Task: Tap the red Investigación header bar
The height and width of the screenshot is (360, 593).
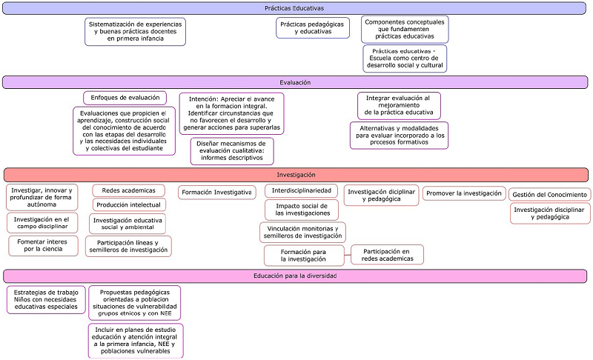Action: pos(296,175)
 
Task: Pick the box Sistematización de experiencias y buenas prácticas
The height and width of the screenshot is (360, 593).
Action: pos(135,32)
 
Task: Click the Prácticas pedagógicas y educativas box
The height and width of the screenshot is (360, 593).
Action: pos(312,28)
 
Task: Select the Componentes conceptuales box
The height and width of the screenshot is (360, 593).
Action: pos(405,29)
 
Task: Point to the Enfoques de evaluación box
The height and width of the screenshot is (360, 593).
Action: pos(125,98)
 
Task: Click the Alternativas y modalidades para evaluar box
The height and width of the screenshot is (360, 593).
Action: pos(399,136)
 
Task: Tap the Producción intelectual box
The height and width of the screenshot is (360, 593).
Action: pos(128,204)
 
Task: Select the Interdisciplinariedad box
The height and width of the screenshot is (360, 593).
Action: pos(302,190)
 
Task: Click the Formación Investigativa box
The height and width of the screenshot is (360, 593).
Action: pos(216,193)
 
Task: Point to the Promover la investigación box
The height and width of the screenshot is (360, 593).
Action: pos(463,193)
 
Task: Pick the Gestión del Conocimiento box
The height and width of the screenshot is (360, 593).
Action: pos(549,194)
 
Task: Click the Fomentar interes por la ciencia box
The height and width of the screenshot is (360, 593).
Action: pos(43,245)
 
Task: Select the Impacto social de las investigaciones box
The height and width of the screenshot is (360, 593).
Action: pos(302,210)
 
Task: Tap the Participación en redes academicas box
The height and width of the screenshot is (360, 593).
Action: pos(387,255)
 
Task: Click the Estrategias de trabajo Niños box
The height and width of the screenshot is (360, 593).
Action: pos(46,299)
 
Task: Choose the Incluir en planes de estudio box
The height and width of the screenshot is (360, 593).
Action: pos(135,340)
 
